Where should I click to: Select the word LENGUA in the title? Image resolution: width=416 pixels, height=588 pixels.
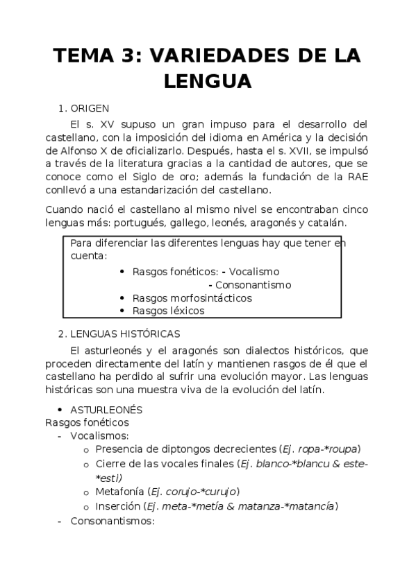208,81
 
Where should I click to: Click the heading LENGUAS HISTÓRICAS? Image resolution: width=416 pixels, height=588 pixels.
125,334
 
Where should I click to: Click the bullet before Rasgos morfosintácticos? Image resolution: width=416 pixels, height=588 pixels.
122,298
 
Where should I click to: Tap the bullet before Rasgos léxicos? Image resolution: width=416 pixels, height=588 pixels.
122,311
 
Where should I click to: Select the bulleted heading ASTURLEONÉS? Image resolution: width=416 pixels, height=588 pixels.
106,410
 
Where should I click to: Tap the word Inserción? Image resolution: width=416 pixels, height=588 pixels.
119,506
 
